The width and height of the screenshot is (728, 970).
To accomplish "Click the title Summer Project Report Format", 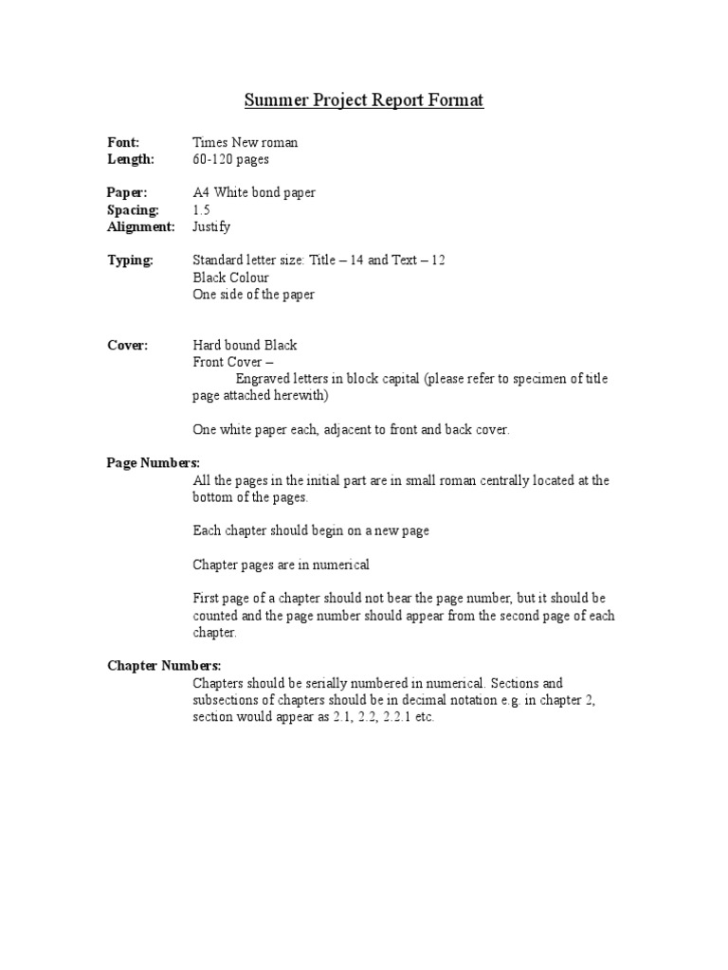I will [364, 100].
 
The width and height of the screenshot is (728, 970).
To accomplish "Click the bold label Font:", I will [123, 143].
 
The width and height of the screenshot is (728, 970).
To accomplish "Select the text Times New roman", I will [245, 143].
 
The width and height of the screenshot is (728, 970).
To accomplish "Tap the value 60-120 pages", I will [230, 160].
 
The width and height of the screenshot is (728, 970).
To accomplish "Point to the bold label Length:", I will [131, 160].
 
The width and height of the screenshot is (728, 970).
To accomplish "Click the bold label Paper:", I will [127, 193].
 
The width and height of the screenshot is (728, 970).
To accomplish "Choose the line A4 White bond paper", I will [253, 193].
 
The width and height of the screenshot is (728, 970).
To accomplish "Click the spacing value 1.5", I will [201, 210].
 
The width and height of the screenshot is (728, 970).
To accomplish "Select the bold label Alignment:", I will [141, 227].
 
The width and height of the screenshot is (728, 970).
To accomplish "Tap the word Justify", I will [211, 227].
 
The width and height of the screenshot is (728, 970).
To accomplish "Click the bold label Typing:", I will [130, 260].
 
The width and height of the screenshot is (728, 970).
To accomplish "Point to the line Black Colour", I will [230, 278].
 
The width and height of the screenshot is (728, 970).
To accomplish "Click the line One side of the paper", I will [253, 295].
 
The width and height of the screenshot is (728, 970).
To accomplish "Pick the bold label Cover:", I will [127, 346].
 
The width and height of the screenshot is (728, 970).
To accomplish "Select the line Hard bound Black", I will [245, 346].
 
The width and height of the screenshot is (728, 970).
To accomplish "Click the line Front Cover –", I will [233, 363].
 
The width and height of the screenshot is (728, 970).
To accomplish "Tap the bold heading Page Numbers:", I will [153, 463].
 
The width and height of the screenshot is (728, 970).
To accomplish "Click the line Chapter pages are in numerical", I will [281, 565].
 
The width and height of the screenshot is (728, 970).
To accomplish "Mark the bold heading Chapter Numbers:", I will [163, 666].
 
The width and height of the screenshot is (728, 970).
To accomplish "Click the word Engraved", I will [262, 379].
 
